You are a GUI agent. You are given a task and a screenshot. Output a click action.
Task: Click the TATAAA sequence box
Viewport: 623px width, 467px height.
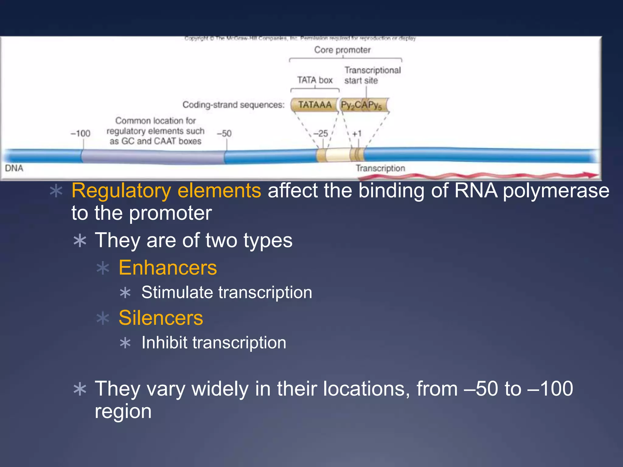(315, 105)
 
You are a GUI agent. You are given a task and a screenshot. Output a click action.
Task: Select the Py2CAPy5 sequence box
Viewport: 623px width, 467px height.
(362, 105)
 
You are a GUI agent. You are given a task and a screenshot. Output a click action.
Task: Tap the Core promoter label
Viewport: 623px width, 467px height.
(342, 50)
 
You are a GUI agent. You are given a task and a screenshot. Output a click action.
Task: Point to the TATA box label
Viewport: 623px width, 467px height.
(315, 80)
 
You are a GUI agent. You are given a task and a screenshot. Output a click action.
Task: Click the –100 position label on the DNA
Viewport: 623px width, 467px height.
(80, 133)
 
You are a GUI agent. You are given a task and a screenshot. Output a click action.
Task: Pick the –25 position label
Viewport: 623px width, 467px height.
(321, 133)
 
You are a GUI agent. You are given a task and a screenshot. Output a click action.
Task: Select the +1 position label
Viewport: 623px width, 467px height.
(357, 133)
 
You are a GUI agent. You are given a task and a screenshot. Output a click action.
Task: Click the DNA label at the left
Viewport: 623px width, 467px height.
(14, 168)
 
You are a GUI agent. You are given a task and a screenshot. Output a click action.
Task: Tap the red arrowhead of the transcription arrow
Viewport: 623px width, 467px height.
(592, 175)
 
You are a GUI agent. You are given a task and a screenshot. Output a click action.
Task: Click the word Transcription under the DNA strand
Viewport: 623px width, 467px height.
(380, 168)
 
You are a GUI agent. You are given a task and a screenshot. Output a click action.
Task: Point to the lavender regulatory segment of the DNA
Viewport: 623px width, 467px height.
(152, 157)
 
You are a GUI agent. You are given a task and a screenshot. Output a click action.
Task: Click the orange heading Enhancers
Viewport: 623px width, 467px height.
(168, 268)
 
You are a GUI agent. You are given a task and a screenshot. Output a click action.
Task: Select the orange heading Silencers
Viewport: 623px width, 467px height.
(161, 318)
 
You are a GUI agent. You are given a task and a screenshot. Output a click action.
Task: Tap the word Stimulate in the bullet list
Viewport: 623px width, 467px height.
(177, 292)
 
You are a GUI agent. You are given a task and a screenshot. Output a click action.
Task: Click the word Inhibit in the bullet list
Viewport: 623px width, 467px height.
(164, 343)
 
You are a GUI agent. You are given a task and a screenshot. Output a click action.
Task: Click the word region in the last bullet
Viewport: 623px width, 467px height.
(123, 411)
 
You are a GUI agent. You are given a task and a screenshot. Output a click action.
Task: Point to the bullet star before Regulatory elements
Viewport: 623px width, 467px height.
(56, 191)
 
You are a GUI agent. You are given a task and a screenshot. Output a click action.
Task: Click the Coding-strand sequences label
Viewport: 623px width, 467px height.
(233, 105)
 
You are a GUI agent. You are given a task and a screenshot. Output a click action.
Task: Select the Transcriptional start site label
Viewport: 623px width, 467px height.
(372, 75)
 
